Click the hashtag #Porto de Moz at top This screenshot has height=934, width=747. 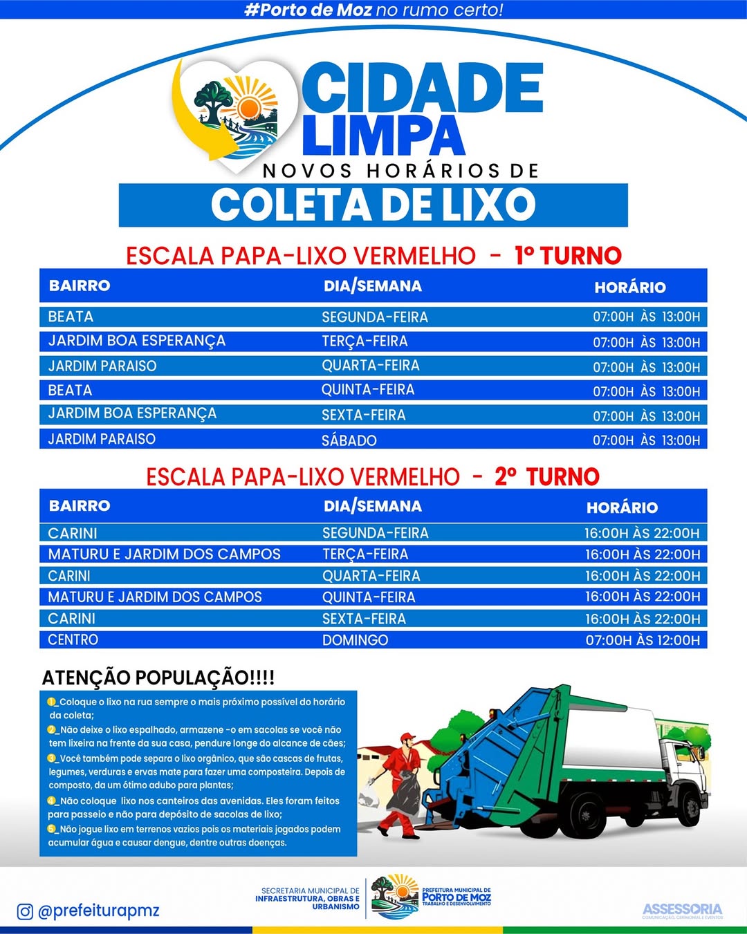(x=308, y=10)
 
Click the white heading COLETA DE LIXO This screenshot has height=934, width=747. (x=373, y=205)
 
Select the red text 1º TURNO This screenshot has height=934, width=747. (x=568, y=256)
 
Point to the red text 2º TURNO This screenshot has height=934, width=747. (x=546, y=476)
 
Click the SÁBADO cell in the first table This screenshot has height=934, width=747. (x=349, y=440)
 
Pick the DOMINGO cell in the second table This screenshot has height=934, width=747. (x=355, y=640)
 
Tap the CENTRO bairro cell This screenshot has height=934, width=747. (x=73, y=639)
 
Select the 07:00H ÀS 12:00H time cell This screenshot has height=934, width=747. (x=643, y=640)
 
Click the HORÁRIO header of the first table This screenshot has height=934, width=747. (x=629, y=287)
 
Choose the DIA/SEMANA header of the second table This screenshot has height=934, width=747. (x=373, y=506)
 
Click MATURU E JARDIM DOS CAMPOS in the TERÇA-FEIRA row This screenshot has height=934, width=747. (x=165, y=554)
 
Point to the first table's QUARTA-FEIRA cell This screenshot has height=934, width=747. (x=371, y=366)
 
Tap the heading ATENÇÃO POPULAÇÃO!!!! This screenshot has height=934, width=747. (x=158, y=678)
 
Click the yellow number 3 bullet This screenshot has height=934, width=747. (x=52, y=758)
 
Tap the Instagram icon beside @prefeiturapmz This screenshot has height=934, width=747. (x=25, y=911)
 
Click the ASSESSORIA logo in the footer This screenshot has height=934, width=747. (x=682, y=910)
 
